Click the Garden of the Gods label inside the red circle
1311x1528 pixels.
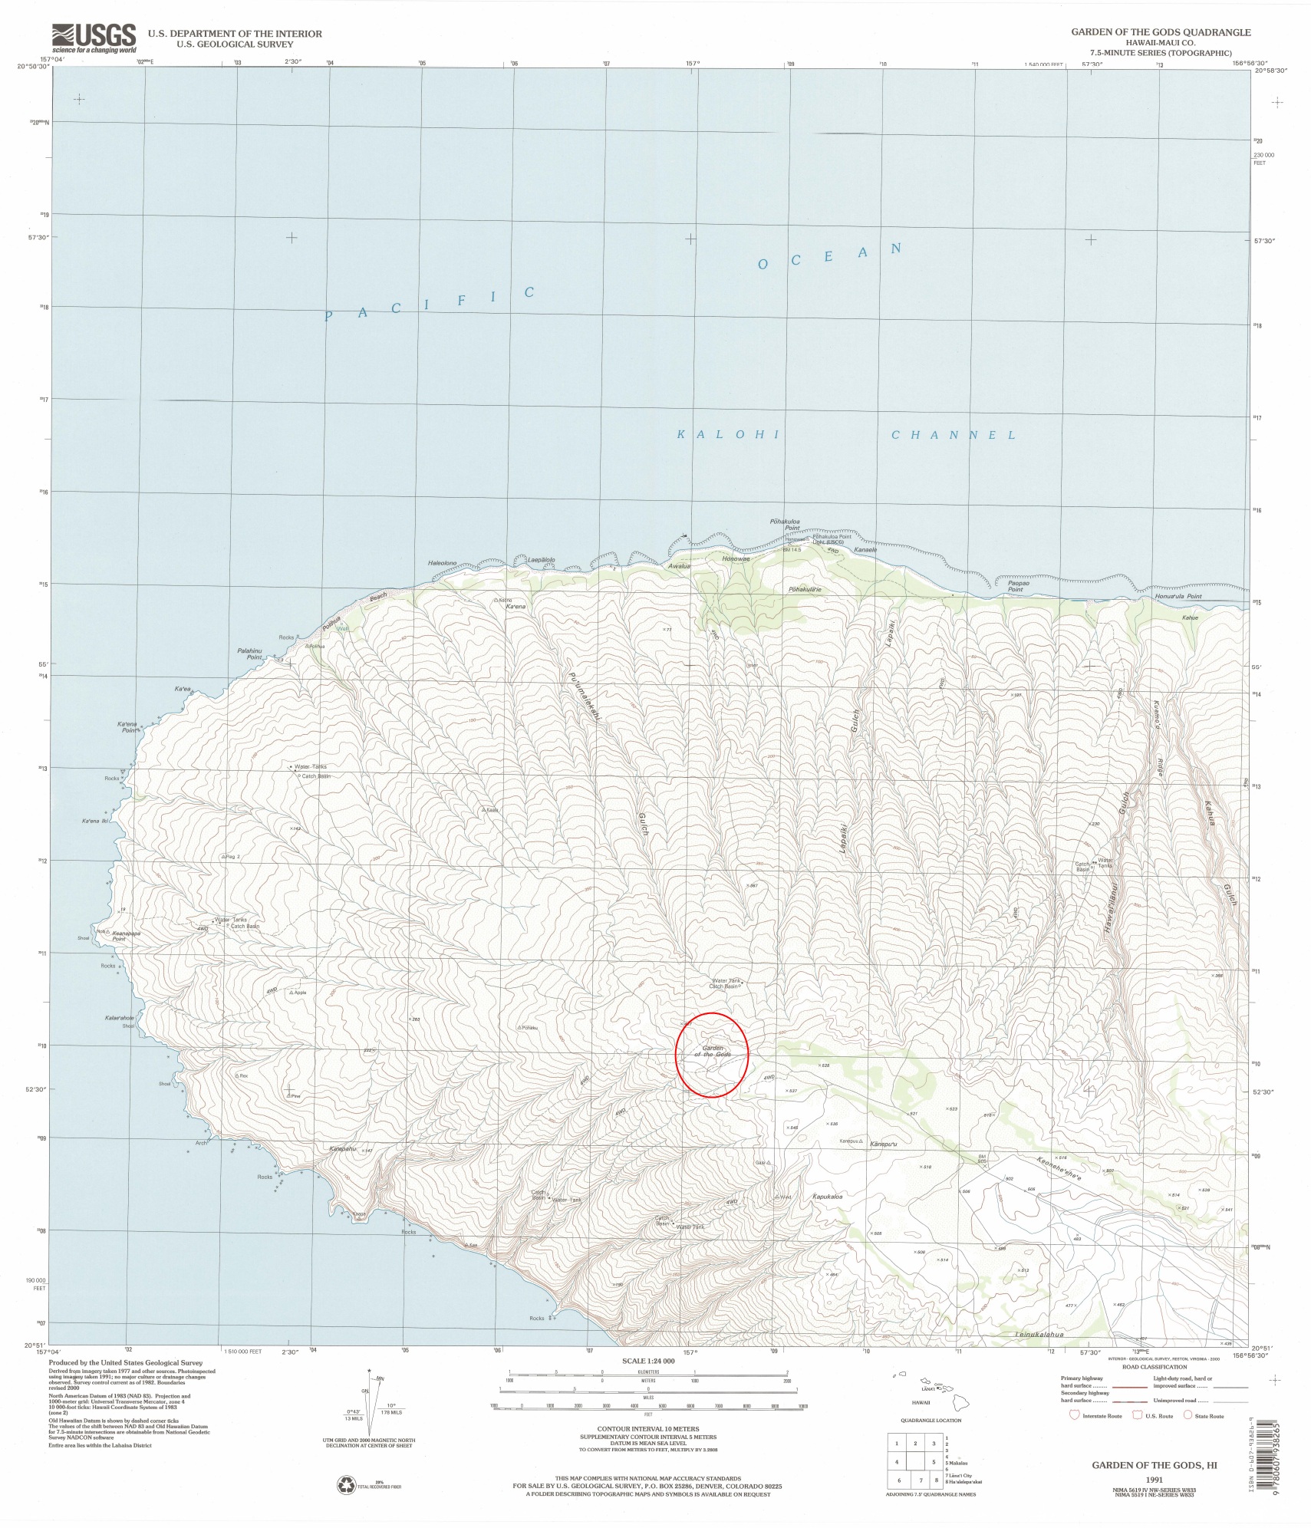click(713, 1051)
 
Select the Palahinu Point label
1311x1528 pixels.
click(249, 654)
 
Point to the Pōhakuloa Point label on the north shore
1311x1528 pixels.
click(785, 525)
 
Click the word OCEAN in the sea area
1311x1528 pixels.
click(828, 256)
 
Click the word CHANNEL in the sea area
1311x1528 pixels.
click(954, 435)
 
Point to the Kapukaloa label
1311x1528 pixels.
click(827, 1197)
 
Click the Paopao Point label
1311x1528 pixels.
click(1018, 586)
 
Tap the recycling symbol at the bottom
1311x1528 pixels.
click(346, 1486)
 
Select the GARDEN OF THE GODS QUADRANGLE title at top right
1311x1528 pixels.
click(1161, 32)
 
